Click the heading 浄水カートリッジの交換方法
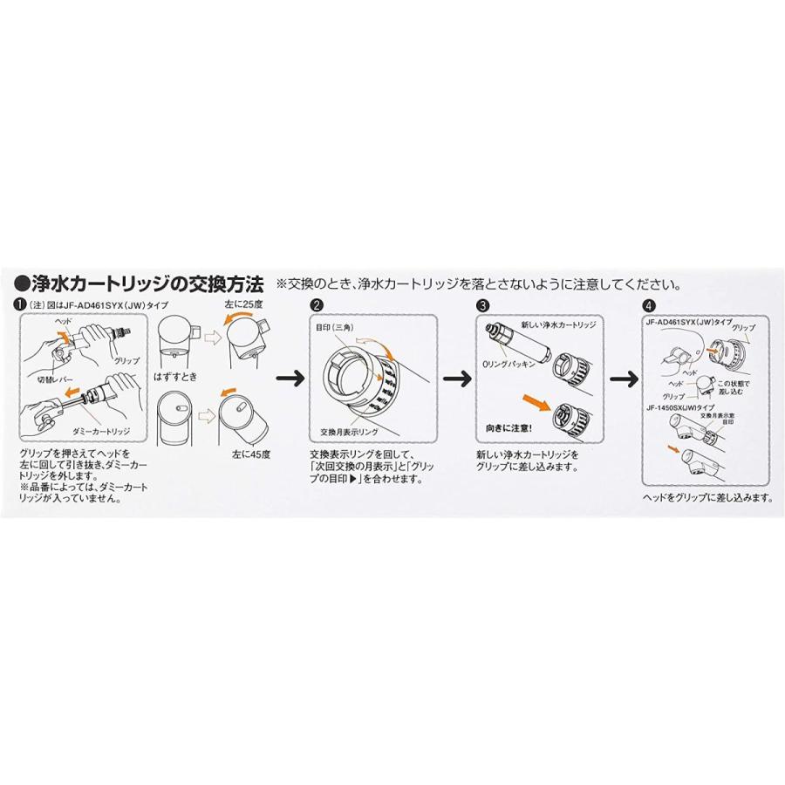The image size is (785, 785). click(x=140, y=283)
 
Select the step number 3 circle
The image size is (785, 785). click(x=482, y=306)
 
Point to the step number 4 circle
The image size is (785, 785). click(x=648, y=306)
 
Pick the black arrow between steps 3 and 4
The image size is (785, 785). click(x=620, y=379)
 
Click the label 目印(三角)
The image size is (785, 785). click(x=336, y=325)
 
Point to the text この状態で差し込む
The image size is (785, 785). click(x=733, y=388)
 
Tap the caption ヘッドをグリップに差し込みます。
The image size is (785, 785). click(x=707, y=497)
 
